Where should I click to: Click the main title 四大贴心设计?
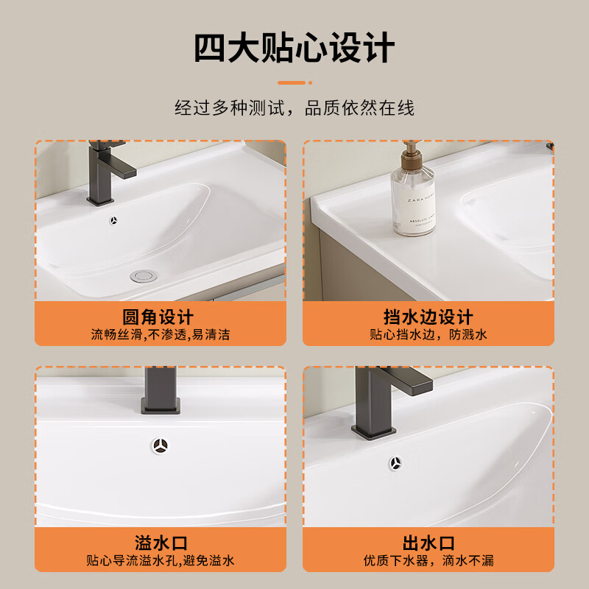[x=294, y=49]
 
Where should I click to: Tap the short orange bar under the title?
[x=294, y=82]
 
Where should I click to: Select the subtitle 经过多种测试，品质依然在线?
[x=294, y=108]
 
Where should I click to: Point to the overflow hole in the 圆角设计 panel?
[x=114, y=220]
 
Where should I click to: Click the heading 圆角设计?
[x=158, y=317]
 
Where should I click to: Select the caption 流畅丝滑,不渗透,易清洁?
[x=161, y=335]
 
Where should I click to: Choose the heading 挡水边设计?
[x=428, y=317]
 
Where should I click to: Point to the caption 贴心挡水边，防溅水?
[x=428, y=335]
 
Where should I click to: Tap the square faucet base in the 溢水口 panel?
[x=160, y=404]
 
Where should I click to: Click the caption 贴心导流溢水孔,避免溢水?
[x=161, y=561]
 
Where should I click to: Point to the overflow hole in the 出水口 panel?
[x=396, y=463]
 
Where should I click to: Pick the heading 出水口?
[x=428, y=543]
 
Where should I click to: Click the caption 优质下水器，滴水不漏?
[x=428, y=561]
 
